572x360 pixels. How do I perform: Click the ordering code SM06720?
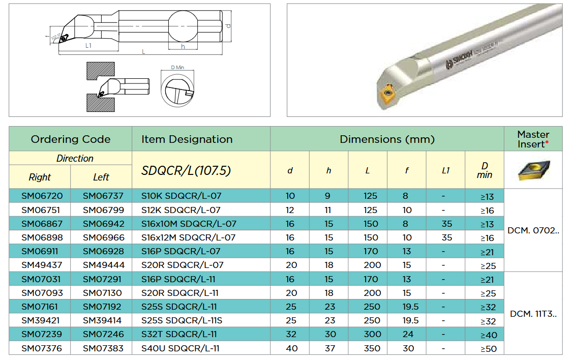pyautogui.click(x=42, y=196)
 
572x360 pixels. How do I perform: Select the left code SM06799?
pyautogui.click(x=103, y=210)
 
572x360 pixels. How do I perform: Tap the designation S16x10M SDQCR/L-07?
pyautogui.click(x=189, y=224)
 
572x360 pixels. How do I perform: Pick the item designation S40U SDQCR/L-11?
pyautogui.click(x=180, y=348)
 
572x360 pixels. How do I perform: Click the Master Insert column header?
pyautogui.click(x=533, y=139)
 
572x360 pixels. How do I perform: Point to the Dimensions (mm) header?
pyautogui.click(x=387, y=139)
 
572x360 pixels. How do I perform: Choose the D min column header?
pyautogui.click(x=485, y=170)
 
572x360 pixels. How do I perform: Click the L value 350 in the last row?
pyautogui.click(x=372, y=348)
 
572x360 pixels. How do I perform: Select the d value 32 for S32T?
pyautogui.click(x=291, y=335)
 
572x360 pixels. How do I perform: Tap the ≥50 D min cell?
pyautogui.click(x=488, y=349)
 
